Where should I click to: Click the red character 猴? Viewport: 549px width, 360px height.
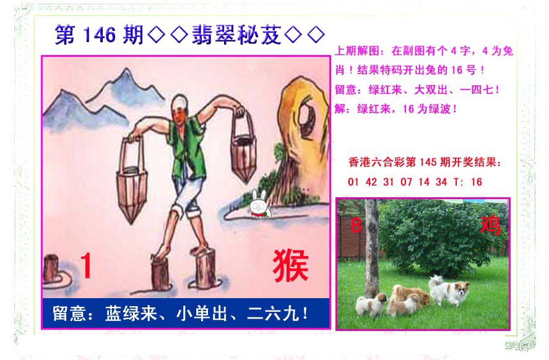tap(290, 266)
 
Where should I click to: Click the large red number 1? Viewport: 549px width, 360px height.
tap(86, 265)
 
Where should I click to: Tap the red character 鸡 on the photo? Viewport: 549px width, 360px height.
tap(490, 225)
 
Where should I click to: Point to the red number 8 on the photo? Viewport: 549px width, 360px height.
tap(356, 225)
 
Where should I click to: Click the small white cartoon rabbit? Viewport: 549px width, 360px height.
tap(259, 205)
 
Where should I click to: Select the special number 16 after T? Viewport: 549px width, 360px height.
tap(477, 182)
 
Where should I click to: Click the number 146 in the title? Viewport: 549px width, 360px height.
tap(100, 35)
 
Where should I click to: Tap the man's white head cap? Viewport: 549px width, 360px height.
tap(179, 101)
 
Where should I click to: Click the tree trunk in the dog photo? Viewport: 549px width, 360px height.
tap(371, 249)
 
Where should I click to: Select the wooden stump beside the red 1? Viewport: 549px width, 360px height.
tap(51, 268)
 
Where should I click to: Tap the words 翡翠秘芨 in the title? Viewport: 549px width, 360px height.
tap(236, 35)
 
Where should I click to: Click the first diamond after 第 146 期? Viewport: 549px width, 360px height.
tap(156, 35)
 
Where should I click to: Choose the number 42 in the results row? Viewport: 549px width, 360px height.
tap(371, 182)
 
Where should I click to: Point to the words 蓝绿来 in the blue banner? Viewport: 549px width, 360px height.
tap(131, 314)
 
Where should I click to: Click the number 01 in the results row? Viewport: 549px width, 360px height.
tap(353, 182)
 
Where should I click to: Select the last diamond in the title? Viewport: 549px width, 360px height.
tap(316, 35)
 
